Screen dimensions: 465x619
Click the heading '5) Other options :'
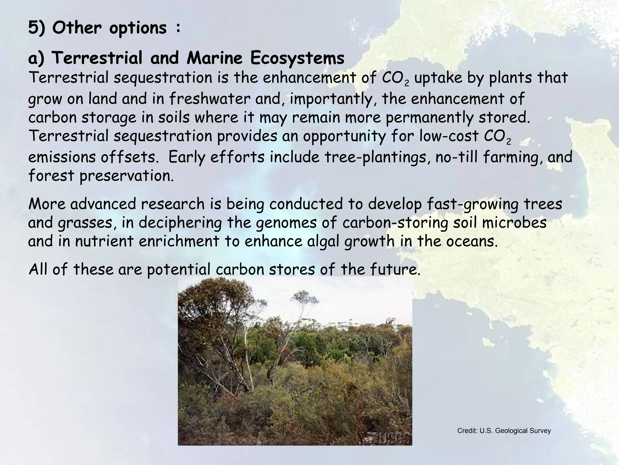(x=105, y=28)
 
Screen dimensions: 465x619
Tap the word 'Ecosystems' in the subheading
(x=297, y=58)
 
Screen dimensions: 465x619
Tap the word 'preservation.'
(x=127, y=176)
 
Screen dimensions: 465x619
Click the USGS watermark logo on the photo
(x=389, y=438)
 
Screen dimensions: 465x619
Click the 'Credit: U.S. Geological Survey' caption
(x=504, y=430)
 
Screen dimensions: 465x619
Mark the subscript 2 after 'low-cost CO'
(x=508, y=142)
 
